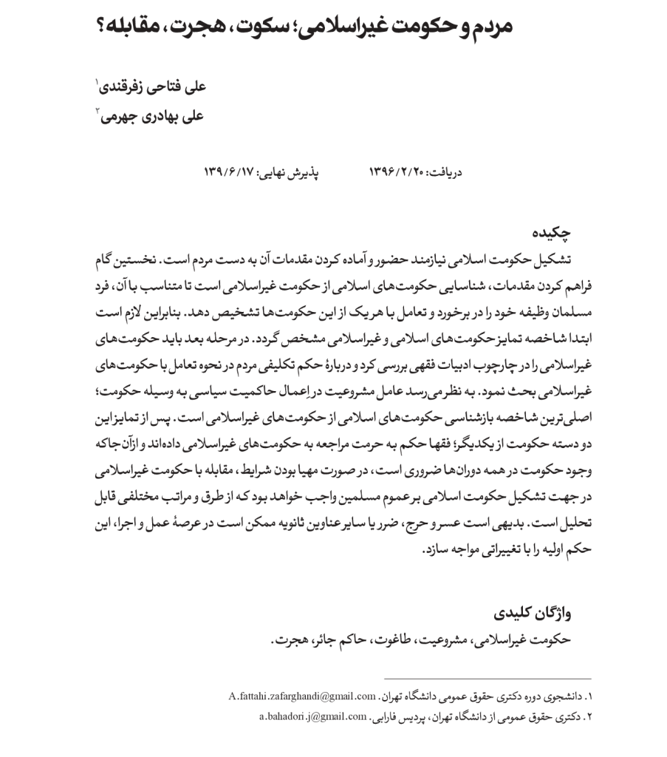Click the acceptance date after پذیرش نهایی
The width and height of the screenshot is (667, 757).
pos(229,173)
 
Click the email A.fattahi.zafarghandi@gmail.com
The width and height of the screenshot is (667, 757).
pos(302,696)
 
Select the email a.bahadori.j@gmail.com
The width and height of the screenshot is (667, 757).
pos(313,716)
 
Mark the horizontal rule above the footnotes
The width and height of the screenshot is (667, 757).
pos(487,679)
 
